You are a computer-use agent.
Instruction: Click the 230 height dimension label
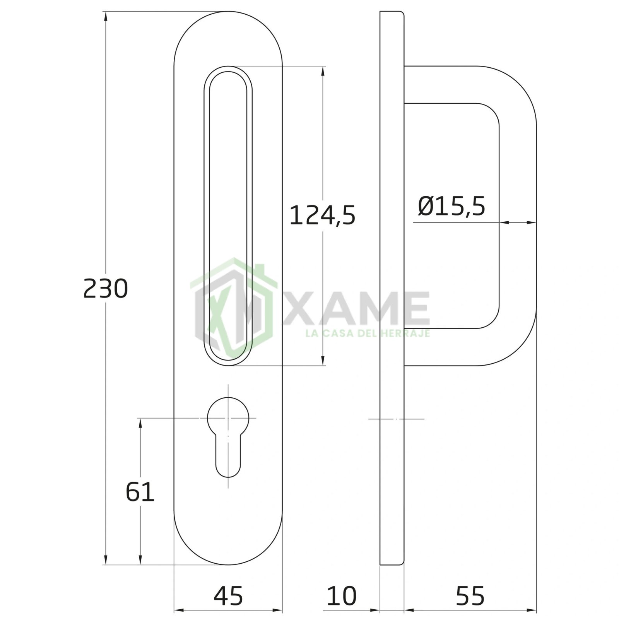pyautogui.click(x=106, y=289)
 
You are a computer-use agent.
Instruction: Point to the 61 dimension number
pyautogui.click(x=140, y=492)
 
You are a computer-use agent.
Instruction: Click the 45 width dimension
pyautogui.click(x=228, y=595)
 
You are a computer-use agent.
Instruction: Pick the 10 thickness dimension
pyautogui.click(x=342, y=595)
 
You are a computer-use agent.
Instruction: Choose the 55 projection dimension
pyautogui.click(x=470, y=595)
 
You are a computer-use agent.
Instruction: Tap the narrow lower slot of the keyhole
pyautogui.click(x=228, y=457)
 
